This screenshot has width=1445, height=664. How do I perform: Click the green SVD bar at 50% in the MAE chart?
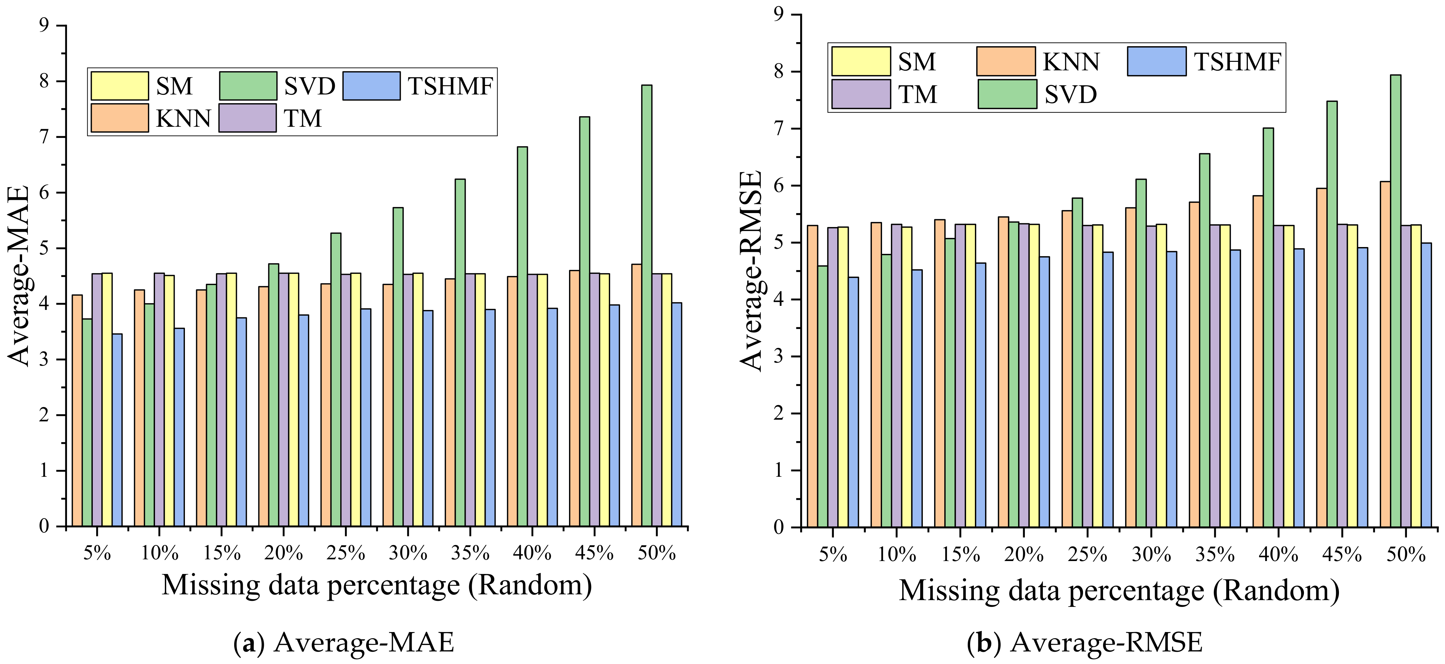pos(646,305)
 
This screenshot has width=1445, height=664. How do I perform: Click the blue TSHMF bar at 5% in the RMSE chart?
pos(853,402)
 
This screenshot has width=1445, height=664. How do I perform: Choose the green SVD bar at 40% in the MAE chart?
pos(522,336)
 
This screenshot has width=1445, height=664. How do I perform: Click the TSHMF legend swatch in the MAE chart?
pos(371,86)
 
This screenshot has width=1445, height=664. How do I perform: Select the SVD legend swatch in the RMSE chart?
pos(1007,94)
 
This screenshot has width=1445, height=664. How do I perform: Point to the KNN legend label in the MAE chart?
pos(183,118)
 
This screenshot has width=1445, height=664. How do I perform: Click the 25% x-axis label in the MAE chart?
pos(346,554)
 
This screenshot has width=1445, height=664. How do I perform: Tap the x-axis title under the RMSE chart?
pos(1119,591)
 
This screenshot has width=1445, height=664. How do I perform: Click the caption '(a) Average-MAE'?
pos(343,643)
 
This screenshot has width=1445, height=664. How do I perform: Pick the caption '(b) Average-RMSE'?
pos(1084,643)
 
